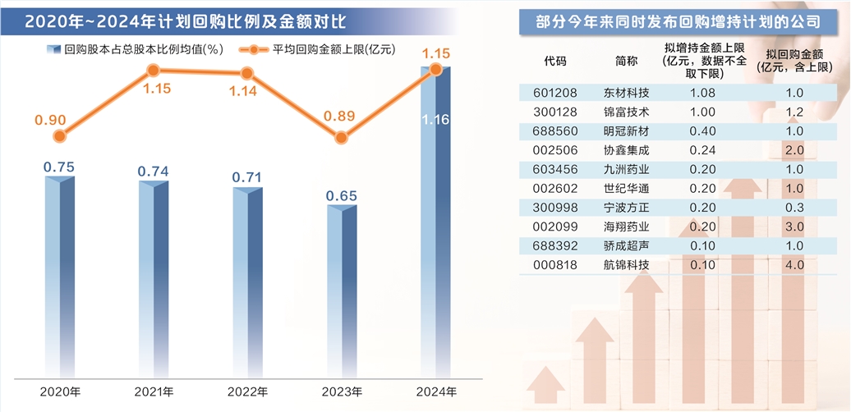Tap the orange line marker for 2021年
pyautogui.click(x=153, y=72)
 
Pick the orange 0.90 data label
pyautogui.click(x=50, y=120)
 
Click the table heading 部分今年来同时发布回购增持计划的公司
pyautogui.click(x=674, y=24)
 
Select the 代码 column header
pyautogui.click(x=555, y=61)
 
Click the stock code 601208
pyautogui.click(x=555, y=93)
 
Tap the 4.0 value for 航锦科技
pyautogui.click(x=793, y=264)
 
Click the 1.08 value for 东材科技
pyautogui.click(x=704, y=93)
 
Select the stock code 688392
pyautogui.click(x=555, y=245)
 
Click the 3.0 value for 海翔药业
pyautogui.click(x=793, y=227)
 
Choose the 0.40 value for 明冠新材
pyautogui.click(x=704, y=131)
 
